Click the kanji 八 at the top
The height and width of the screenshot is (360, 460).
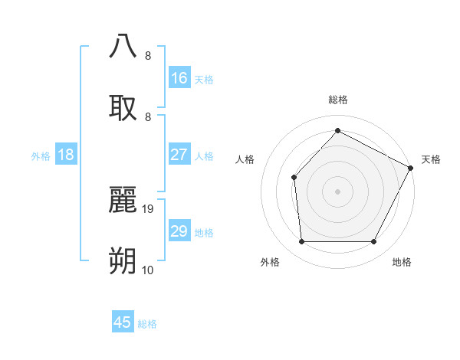(x=123, y=45)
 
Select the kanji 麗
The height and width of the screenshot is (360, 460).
(x=123, y=201)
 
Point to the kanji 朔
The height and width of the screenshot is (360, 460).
(x=123, y=261)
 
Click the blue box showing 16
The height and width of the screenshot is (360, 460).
(x=179, y=78)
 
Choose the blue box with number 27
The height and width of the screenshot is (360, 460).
(x=179, y=155)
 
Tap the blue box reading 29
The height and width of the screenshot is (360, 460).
(x=179, y=231)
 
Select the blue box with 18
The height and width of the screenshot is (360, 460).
(x=66, y=155)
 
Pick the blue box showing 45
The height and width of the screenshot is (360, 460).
(x=123, y=322)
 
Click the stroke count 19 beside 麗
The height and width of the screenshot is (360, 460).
(x=149, y=208)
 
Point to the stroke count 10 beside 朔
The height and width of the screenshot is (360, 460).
(x=148, y=270)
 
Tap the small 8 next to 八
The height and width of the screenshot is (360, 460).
(x=147, y=56)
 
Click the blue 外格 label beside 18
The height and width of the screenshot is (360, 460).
(x=41, y=156)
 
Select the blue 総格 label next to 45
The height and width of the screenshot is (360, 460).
(x=147, y=324)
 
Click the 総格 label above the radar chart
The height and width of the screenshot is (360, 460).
(x=337, y=100)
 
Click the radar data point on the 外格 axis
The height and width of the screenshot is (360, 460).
(x=301, y=242)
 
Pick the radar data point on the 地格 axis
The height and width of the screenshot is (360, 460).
(x=374, y=242)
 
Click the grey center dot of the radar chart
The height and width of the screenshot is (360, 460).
(x=337, y=191)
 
